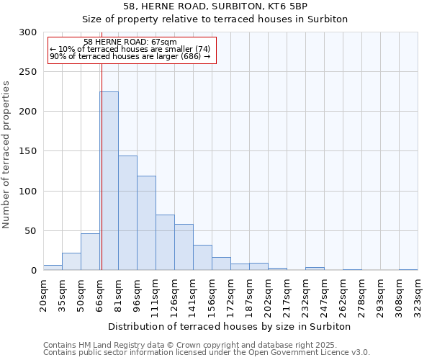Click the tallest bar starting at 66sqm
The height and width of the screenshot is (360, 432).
(109, 181)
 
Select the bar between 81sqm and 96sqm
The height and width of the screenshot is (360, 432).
(127, 213)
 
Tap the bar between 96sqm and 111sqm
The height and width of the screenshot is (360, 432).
(146, 223)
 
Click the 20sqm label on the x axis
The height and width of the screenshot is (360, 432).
(44, 294)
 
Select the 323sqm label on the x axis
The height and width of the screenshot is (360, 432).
(418, 294)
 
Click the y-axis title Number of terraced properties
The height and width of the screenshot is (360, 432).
(6, 154)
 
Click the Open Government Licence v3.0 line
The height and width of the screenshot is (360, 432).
(207, 353)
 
